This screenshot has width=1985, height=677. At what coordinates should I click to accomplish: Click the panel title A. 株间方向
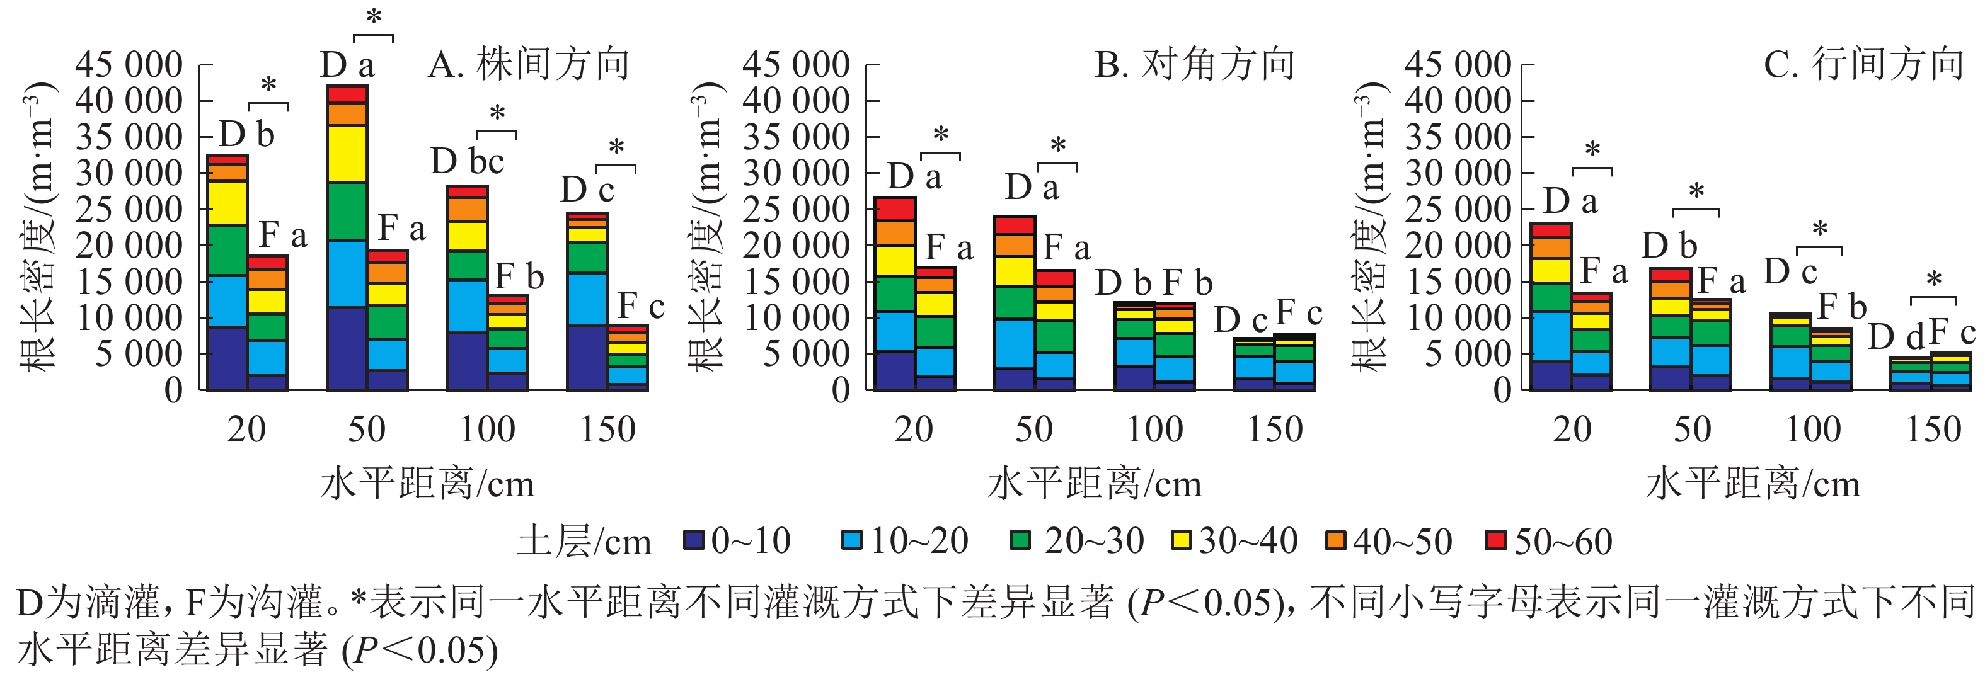529,64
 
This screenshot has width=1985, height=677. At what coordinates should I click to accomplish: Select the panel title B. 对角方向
1195,64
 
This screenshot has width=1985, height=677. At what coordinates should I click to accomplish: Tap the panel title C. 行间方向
1864,64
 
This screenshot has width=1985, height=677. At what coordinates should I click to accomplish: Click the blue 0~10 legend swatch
694,540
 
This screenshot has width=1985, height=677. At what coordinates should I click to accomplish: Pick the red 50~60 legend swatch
1497,540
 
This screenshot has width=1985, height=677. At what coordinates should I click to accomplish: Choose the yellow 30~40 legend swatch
1180,540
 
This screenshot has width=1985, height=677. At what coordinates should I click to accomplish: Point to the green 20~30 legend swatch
1020,540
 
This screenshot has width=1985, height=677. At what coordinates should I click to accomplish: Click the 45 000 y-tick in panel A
129,65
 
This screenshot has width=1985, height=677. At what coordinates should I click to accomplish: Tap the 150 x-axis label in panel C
1933,429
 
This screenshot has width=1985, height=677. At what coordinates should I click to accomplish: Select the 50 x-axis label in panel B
1034,429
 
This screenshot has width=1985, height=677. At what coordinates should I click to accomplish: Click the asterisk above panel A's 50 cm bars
374,17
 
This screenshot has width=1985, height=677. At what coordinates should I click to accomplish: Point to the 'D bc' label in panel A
467,162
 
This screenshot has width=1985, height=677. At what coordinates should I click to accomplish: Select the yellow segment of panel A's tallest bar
347,154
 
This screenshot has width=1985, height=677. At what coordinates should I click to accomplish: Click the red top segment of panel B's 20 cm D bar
895,208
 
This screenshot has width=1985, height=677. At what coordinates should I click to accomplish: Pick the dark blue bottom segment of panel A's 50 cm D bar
347,348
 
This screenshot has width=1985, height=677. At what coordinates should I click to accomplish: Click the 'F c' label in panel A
640,307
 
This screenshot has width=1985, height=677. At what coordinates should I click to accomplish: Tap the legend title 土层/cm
584,542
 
